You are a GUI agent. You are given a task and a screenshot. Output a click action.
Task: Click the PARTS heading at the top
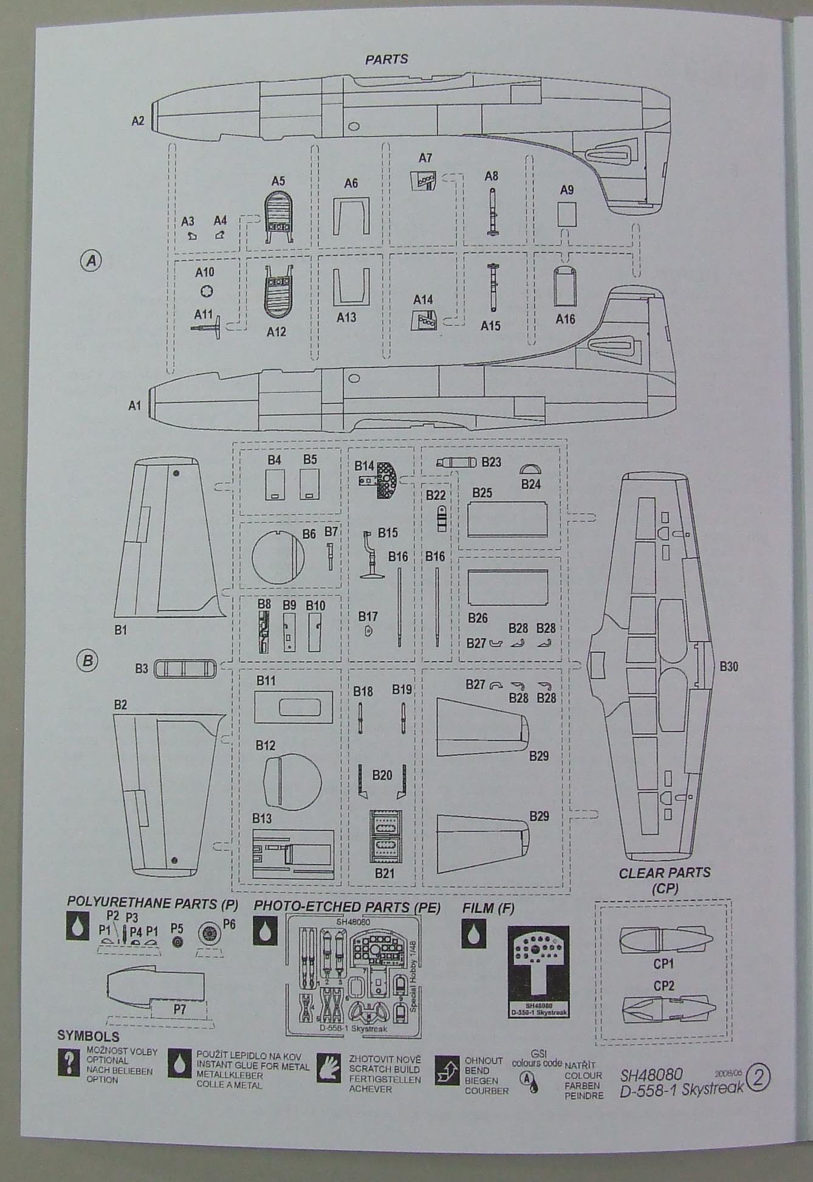click(x=386, y=60)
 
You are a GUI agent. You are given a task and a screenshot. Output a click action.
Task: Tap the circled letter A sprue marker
click(x=91, y=261)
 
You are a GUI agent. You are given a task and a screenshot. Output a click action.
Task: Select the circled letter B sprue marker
click(x=87, y=660)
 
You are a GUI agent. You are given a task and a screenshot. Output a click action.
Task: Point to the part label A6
click(x=351, y=183)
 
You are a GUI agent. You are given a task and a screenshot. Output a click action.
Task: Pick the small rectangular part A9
click(x=566, y=213)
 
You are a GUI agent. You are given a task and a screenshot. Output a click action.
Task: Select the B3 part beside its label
click(x=185, y=669)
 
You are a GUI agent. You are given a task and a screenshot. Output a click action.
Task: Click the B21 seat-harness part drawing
click(x=385, y=837)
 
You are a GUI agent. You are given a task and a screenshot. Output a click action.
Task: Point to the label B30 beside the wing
click(x=729, y=666)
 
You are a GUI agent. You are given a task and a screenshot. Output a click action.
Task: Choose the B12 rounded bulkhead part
click(x=292, y=783)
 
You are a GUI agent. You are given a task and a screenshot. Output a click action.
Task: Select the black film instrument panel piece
click(x=538, y=971)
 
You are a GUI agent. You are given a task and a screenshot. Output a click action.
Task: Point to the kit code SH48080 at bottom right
click(x=651, y=1074)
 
